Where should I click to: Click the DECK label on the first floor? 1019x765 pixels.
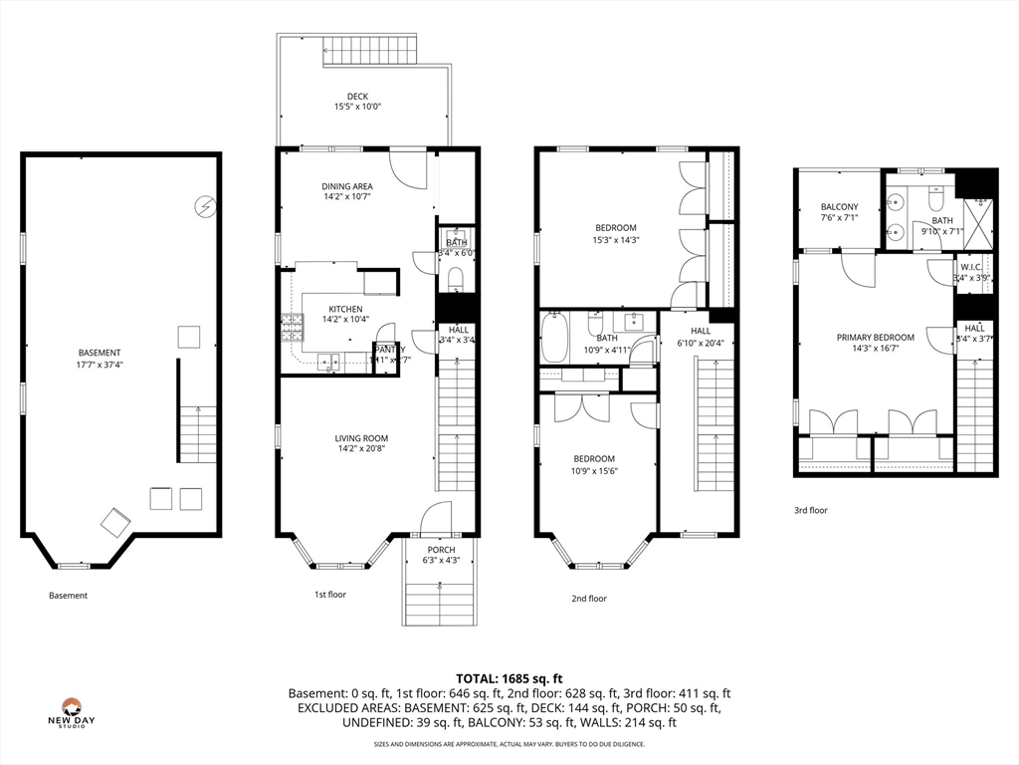pyautogui.click(x=357, y=97)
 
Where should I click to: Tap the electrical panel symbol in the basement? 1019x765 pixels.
pyautogui.click(x=204, y=206)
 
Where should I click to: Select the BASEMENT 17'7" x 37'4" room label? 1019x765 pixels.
pyautogui.click(x=100, y=359)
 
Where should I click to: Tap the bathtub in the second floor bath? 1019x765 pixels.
pyautogui.click(x=552, y=338)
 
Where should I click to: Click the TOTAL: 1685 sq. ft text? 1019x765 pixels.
pyautogui.click(x=509, y=677)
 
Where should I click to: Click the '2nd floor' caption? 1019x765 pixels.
pyautogui.click(x=588, y=599)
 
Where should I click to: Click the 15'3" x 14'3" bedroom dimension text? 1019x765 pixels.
pyautogui.click(x=617, y=239)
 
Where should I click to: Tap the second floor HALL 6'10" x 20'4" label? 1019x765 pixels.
pyautogui.click(x=701, y=337)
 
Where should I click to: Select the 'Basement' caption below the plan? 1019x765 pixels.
pyautogui.click(x=68, y=596)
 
